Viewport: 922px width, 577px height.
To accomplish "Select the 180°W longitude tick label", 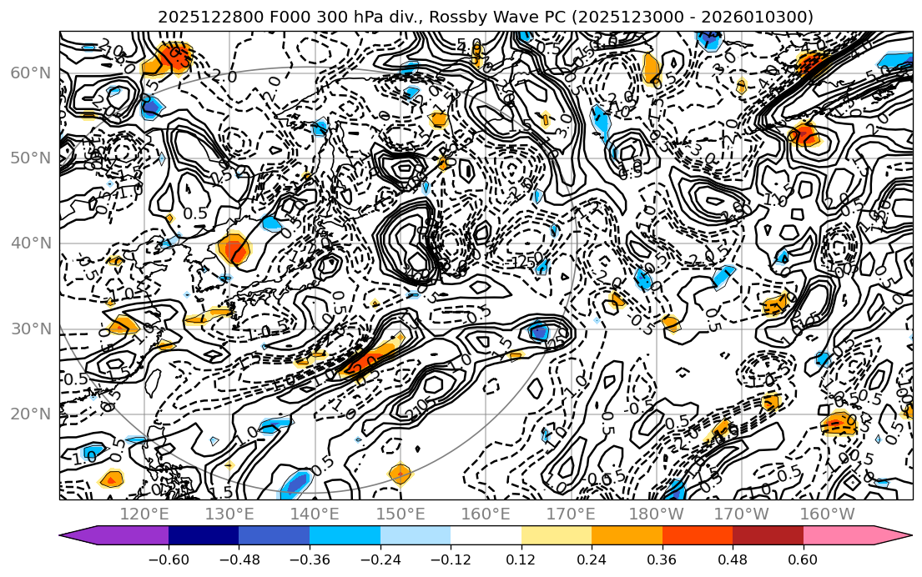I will [656, 514].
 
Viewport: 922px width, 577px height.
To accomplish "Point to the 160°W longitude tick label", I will [827, 514].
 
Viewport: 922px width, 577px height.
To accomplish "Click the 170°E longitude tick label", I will [571, 514].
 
